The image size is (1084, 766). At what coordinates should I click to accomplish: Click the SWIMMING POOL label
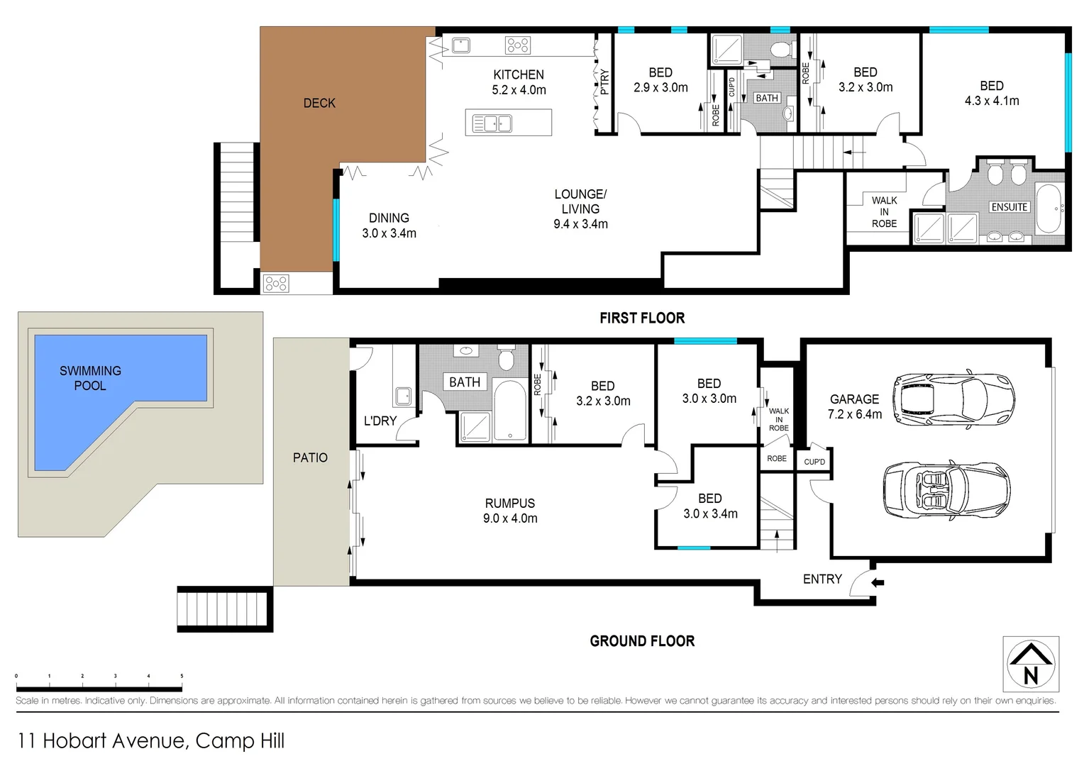click(90, 378)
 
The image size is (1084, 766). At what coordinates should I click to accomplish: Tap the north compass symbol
click(1031, 665)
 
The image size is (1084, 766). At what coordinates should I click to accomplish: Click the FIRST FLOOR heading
click(642, 318)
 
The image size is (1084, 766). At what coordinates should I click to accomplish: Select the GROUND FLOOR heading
click(642, 641)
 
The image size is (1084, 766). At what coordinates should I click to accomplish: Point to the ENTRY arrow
click(878, 583)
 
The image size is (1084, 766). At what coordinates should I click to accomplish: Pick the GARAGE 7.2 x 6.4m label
click(854, 407)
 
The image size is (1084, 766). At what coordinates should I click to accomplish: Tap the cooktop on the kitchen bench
click(518, 45)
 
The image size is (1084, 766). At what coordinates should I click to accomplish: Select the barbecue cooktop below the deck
click(276, 284)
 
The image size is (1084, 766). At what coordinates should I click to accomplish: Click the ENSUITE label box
click(1009, 207)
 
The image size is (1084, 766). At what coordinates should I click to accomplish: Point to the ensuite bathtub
click(1049, 209)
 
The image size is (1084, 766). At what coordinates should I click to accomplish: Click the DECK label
click(319, 104)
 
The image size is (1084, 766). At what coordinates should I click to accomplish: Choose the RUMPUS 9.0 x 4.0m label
click(510, 511)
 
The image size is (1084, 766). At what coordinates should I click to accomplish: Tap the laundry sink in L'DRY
click(404, 396)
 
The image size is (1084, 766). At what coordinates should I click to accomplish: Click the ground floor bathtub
click(509, 411)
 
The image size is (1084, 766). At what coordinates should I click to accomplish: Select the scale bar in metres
click(99, 687)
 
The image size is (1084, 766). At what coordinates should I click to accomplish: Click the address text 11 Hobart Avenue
click(150, 741)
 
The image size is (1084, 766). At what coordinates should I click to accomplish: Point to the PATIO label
click(310, 458)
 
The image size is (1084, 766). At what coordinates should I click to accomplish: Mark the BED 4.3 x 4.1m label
click(991, 94)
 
